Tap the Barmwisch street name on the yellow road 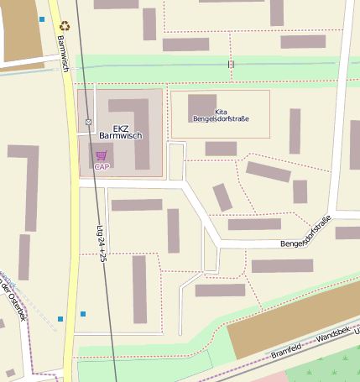(63, 53)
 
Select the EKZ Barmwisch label (121, 131)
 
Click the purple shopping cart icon (102, 155)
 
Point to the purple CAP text (102, 166)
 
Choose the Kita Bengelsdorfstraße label (221, 116)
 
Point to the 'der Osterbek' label (14, 300)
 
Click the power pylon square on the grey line (88, 123)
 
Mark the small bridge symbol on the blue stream (230, 64)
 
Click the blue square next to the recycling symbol (42, 18)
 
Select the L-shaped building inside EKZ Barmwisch (134, 126)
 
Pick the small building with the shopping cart (102, 154)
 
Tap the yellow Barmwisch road (70, 210)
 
